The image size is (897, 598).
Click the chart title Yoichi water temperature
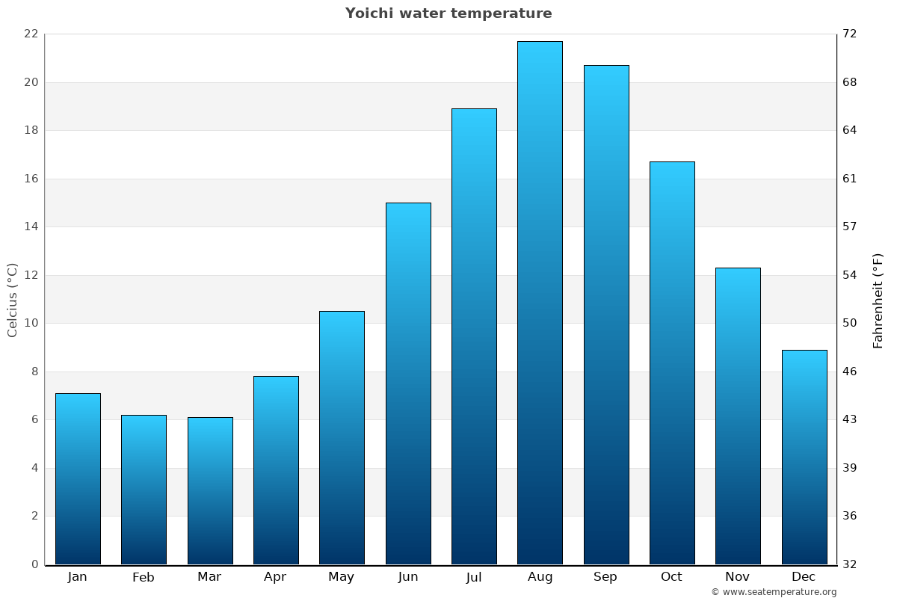pos(449,13)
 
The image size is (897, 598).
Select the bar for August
pos(540,303)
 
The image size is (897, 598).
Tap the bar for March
pos(210,490)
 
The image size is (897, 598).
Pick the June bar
pos(408,383)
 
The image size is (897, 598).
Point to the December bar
pos(804,457)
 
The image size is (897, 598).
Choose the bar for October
pos(672,363)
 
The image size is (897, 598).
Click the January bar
pos(78,478)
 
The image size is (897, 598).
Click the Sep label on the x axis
pos(605,577)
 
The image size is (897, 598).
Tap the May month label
pos(342,577)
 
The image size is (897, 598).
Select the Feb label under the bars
pos(144,577)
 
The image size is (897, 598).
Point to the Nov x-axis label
pos(738,577)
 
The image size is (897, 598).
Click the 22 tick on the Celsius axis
pos(31,34)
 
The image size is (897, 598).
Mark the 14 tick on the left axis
pos(31,226)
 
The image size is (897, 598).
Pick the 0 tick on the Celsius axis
pos(34,564)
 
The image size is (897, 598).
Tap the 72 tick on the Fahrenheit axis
pos(850,34)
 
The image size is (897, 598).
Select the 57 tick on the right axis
pos(850,226)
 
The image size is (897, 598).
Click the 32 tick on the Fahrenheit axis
pos(850,564)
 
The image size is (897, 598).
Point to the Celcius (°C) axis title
pos(13,300)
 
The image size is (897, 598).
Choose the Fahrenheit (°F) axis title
pos(878,300)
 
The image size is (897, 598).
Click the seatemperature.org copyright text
pos(774,592)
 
